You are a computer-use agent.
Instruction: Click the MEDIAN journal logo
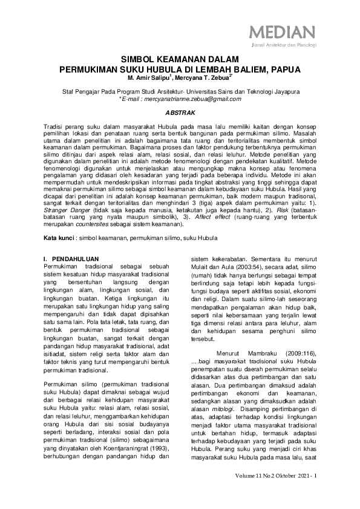click(283, 31)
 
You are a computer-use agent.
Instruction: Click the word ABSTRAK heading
click(179, 113)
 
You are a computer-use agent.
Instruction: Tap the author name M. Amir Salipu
click(148, 78)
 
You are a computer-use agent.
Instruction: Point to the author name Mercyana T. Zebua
click(198, 78)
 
